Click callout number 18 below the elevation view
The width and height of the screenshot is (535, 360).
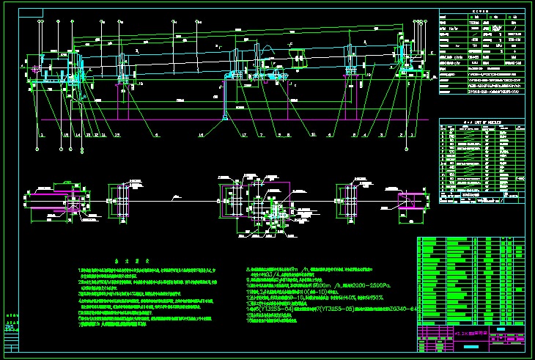tap(67, 136)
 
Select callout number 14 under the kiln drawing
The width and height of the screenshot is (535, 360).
tap(78, 136)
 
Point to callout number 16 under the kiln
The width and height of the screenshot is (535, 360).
tap(200, 136)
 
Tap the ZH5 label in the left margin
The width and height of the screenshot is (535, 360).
tap(9, 326)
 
